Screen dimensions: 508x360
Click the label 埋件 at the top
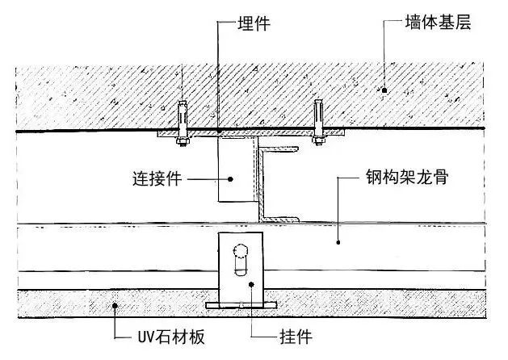click(x=254, y=23)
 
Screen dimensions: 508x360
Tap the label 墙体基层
click(x=438, y=22)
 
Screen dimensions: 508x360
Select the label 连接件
click(x=157, y=178)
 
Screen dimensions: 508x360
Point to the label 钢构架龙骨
click(x=407, y=177)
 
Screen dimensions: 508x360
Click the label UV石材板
click(x=171, y=337)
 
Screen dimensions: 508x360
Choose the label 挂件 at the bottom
click(x=296, y=337)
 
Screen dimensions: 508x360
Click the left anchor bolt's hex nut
click(x=183, y=141)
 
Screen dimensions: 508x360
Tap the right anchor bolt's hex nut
click(x=318, y=140)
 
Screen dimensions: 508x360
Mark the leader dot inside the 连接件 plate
click(x=230, y=179)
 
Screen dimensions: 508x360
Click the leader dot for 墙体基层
click(x=384, y=90)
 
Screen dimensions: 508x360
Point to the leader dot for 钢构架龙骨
click(x=338, y=242)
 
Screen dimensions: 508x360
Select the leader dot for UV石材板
click(x=115, y=306)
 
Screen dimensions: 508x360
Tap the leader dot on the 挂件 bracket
click(x=251, y=284)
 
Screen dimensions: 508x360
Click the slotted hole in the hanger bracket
click(x=241, y=260)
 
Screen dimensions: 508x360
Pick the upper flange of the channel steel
click(x=279, y=149)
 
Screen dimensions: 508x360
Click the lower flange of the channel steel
click(x=279, y=220)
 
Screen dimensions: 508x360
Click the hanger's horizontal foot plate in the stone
click(x=241, y=305)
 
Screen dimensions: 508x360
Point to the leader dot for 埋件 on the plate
click(x=219, y=131)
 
